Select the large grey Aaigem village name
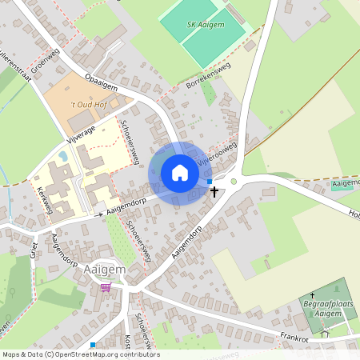click(x=104, y=270)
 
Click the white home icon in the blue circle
click(x=180, y=173)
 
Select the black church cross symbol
click(x=214, y=191)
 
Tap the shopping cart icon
click(x=106, y=287)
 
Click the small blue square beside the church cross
click(x=210, y=182)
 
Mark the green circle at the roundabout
click(x=234, y=182)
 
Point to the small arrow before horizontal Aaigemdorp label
click(x=100, y=214)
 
